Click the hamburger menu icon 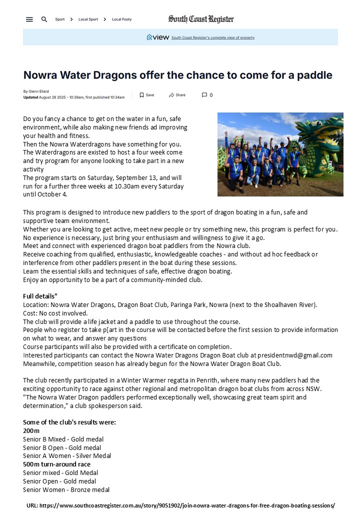(29, 19)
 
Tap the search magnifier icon (44, 19)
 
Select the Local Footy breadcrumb (121, 19)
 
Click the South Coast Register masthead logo (201, 19)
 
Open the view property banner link (212, 37)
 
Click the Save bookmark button (146, 95)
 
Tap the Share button (177, 95)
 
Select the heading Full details (40, 296)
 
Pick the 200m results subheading (31, 430)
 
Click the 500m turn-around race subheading (56, 464)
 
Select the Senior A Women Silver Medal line (67, 455)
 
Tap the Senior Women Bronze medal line (66, 489)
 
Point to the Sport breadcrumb (60, 19)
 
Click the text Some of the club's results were (69, 422)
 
